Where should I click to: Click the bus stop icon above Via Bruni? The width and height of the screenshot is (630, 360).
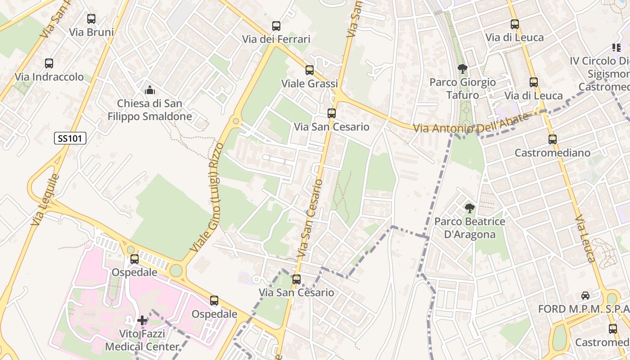coord(91,19)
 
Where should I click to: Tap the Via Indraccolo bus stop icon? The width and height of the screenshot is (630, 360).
coord(49,63)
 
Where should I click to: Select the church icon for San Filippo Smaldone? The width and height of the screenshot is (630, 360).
coord(150,90)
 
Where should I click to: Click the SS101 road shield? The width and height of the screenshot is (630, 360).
coord(70,138)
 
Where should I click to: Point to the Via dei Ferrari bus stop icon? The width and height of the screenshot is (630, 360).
coord(276,26)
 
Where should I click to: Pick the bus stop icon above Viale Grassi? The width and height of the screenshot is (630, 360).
coord(310,70)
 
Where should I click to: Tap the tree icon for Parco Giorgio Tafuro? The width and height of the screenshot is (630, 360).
coord(462,69)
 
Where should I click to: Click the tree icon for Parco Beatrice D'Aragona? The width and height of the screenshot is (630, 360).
coord(469,208)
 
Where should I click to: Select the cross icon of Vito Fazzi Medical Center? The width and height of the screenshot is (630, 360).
coord(142,320)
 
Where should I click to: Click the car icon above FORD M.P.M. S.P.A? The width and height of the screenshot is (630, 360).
coord(585,296)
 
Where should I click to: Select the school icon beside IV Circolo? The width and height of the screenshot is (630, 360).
coord(616,47)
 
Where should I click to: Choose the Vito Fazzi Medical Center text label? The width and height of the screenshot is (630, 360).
coord(142,340)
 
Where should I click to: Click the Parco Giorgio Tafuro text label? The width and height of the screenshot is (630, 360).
coord(463,89)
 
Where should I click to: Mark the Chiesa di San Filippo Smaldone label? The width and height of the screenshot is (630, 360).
coord(150,110)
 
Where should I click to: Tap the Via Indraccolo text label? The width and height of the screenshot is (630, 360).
coord(49,77)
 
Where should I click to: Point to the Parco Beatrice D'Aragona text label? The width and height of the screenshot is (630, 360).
coord(470,228)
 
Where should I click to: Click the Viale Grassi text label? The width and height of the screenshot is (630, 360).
coord(310,84)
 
